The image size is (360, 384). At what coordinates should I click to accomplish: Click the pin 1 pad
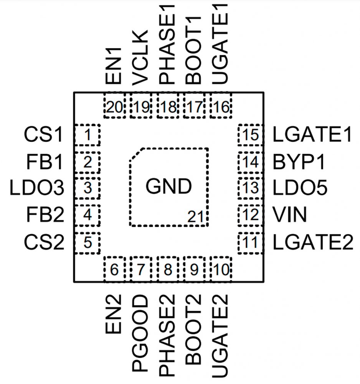tap(87, 135)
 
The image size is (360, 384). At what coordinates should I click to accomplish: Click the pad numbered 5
tap(87, 243)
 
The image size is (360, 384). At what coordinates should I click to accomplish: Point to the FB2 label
tap(45, 215)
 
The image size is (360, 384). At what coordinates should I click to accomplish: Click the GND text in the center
tap(168, 187)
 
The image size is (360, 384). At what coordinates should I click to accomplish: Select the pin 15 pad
tap(250, 135)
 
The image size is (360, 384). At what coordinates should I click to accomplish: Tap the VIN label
tap(290, 215)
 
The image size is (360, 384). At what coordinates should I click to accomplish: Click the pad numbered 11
tap(250, 243)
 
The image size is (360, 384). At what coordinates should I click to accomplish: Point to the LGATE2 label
tap(312, 243)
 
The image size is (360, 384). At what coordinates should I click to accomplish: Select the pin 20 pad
tap(114, 106)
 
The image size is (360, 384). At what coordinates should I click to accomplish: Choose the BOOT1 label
tap(194, 48)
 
